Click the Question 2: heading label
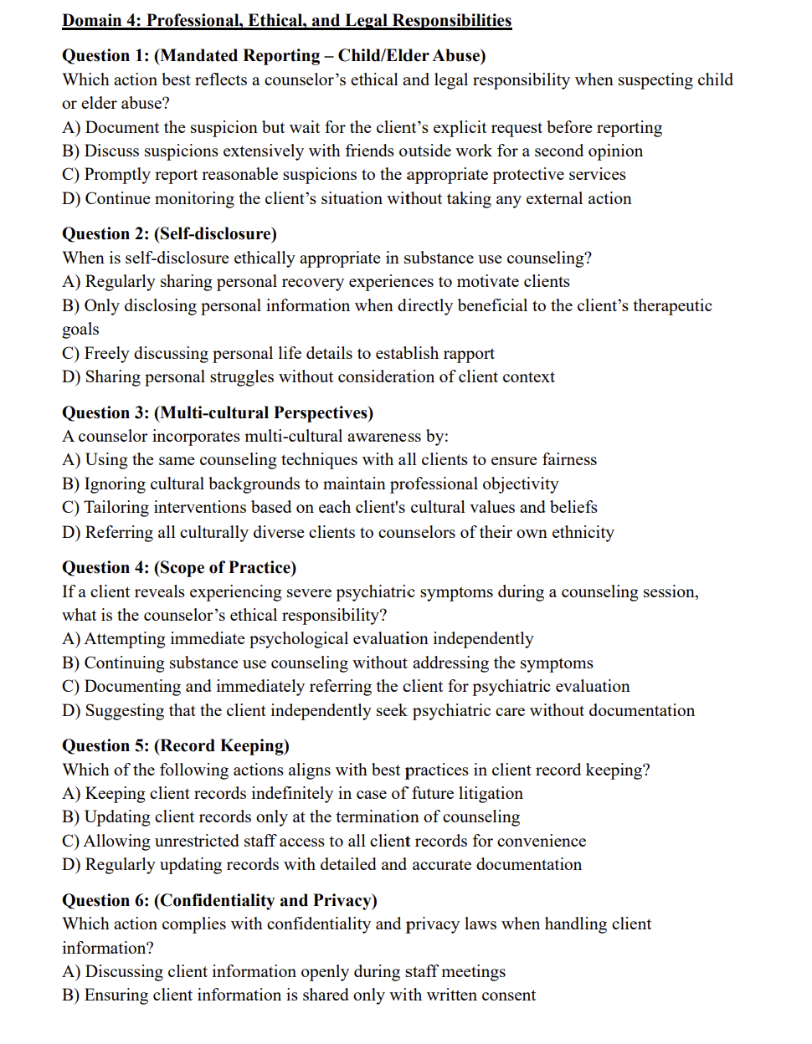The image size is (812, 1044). click(105, 233)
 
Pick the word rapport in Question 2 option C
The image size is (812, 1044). click(465, 353)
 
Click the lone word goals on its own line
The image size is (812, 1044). click(80, 329)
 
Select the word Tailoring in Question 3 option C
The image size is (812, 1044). click(118, 507)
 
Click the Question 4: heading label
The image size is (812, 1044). click(105, 567)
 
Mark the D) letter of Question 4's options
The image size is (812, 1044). click(71, 710)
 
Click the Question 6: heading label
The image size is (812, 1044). click(105, 900)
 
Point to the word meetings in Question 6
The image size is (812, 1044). click(473, 971)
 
